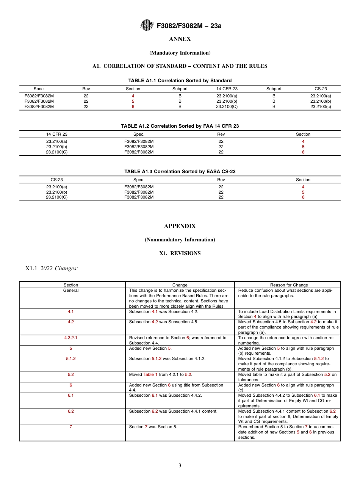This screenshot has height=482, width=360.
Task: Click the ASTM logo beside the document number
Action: [x=146, y=25]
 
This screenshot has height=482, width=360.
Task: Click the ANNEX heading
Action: [x=180, y=39]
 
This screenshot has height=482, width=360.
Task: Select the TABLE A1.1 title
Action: [x=180, y=81]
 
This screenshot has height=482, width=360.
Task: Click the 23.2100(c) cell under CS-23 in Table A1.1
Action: [x=320, y=106]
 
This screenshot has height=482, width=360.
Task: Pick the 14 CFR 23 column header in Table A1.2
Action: [x=57, y=134]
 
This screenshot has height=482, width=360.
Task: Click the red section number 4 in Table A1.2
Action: [x=303, y=141]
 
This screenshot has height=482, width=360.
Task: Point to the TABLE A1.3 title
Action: [x=180, y=172]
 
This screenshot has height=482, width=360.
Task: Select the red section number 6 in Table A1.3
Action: [x=303, y=197]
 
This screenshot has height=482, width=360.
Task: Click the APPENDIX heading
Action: [x=180, y=226]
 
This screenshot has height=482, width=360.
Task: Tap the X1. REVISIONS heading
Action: [x=180, y=253]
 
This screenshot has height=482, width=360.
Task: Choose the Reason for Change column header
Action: [x=289, y=285]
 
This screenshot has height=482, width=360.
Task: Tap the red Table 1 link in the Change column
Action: [x=150, y=374]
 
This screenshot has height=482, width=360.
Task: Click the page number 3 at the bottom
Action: [x=180, y=466]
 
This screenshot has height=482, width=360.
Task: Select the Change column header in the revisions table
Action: [x=180, y=285]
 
